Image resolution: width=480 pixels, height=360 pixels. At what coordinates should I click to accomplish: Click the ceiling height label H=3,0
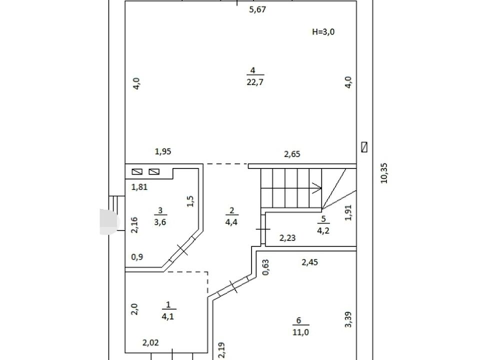pyautogui.click(x=323, y=32)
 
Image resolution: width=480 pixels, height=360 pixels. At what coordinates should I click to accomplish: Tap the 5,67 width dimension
pyautogui.click(x=257, y=10)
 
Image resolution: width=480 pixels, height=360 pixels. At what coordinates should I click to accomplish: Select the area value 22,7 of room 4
pyautogui.click(x=255, y=82)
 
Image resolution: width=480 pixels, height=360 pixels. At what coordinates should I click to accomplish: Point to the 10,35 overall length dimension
pyautogui.click(x=384, y=173)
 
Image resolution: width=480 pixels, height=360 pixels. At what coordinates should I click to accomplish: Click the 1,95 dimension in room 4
pyautogui.click(x=163, y=151)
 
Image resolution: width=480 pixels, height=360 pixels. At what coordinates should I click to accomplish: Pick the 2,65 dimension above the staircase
pyautogui.click(x=292, y=154)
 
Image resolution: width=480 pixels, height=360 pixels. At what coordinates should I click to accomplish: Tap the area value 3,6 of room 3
pyautogui.click(x=160, y=222)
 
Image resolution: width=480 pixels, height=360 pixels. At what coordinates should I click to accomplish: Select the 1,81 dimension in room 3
pyautogui.click(x=139, y=187)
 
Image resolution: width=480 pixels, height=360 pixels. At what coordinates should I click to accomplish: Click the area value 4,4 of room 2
pyautogui.click(x=231, y=222)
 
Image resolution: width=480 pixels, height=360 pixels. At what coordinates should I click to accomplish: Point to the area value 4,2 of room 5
pyautogui.click(x=323, y=231)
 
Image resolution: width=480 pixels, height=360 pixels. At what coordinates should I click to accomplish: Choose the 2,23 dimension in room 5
pyautogui.click(x=287, y=238)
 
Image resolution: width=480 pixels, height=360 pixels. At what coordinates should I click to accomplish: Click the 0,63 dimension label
pyautogui.click(x=265, y=267)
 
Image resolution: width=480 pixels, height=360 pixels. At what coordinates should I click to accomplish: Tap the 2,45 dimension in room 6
pyautogui.click(x=310, y=262)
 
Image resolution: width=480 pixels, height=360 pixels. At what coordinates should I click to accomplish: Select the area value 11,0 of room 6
pyautogui.click(x=300, y=332)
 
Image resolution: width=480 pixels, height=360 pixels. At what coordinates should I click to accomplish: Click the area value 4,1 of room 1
pyautogui.click(x=168, y=316)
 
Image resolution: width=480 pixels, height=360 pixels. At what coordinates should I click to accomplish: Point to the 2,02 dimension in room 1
pyautogui.click(x=150, y=343)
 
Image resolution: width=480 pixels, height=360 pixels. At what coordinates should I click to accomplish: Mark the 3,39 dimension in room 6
pyautogui.click(x=348, y=319)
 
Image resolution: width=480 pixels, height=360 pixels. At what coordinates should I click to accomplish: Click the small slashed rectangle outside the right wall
pyautogui.click(x=364, y=147)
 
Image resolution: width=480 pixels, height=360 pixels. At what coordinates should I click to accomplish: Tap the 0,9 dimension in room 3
pyautogui.click(x=137, y=257)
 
